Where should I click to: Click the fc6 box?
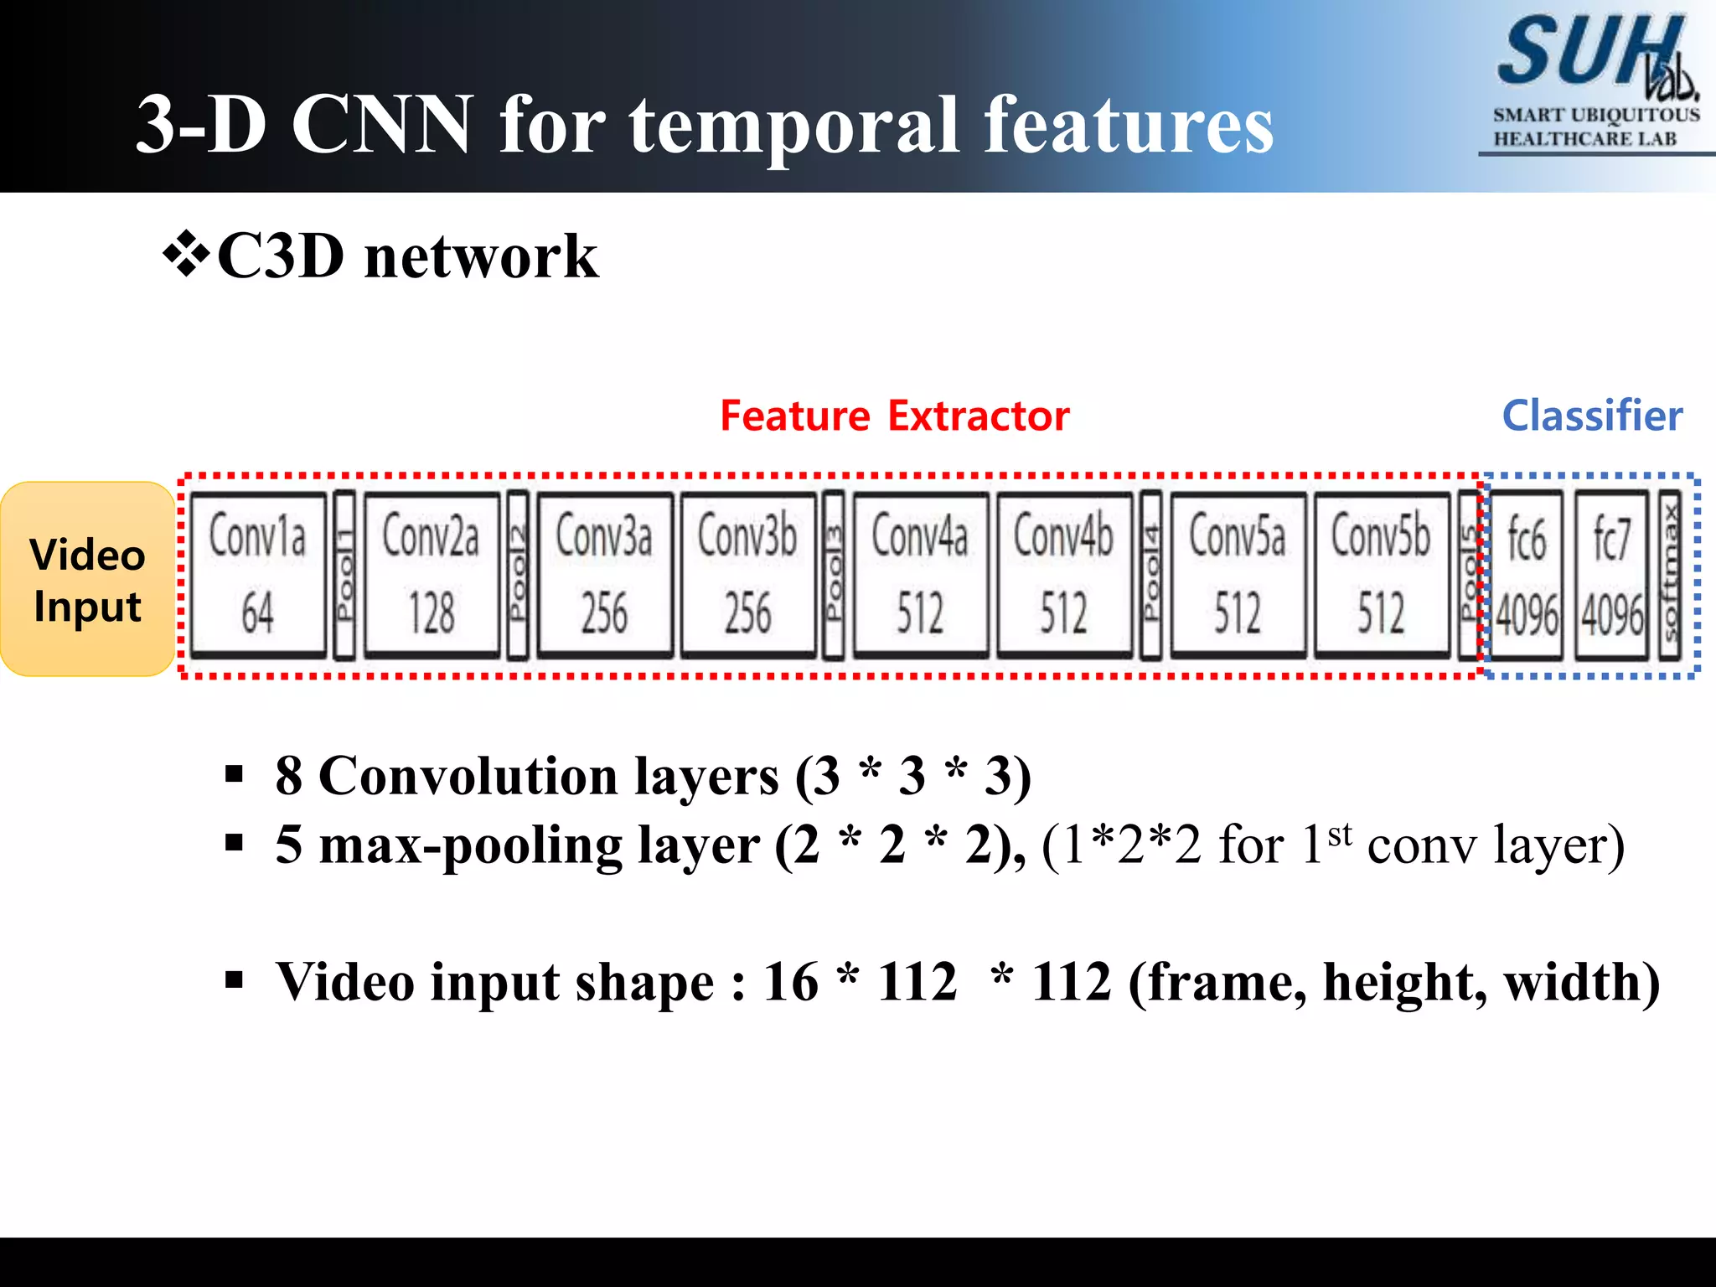(x=1527, y=575)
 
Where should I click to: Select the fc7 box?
(x=1611, y=575)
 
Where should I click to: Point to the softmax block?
(x=1670, y=575)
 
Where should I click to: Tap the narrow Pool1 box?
(x=344, y=575)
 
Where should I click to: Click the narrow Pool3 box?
(x=834, y=575)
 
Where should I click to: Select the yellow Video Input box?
(x=88, y=579)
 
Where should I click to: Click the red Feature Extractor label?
(x=894, y=416)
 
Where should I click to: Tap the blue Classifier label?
(x=1592, y=416)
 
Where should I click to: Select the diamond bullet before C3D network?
(x=185, y=256)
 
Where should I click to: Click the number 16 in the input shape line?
(x=790, y=982)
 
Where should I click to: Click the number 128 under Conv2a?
(x=432, y=612)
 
